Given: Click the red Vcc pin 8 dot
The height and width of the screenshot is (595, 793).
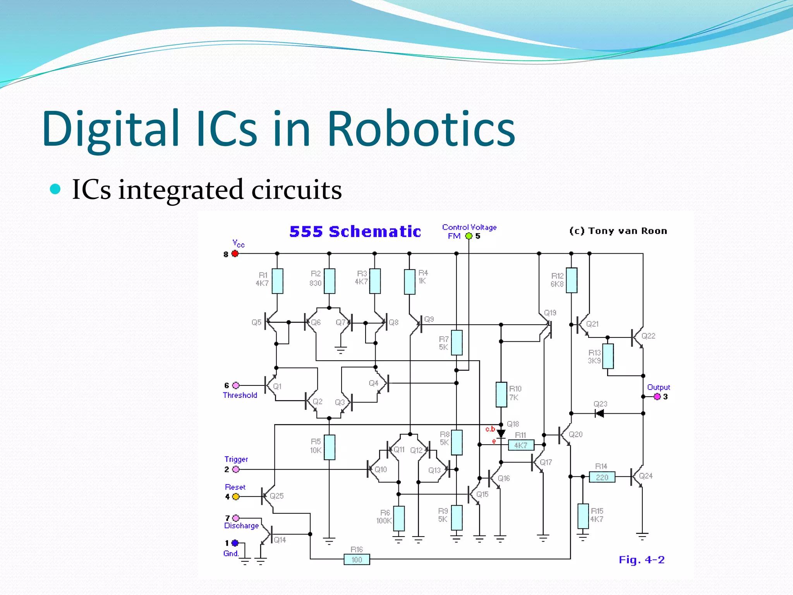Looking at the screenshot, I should click(x=235, y=254).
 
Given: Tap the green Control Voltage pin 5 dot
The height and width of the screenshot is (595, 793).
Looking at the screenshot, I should click(x=469, y=236).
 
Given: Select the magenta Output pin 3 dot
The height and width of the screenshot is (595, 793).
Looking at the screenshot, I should click(x=657, y=397).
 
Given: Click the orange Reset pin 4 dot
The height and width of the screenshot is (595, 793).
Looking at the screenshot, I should click(x=236, y=497).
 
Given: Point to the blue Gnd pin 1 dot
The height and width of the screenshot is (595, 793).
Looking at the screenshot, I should click(x=235, y=543).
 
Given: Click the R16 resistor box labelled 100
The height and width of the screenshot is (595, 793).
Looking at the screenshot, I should click(x=357, y=560).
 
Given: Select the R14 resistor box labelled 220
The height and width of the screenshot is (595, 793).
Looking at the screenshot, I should click(x=602, y=477).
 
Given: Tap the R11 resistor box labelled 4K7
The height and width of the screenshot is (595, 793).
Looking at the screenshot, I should click(x=521, y=445).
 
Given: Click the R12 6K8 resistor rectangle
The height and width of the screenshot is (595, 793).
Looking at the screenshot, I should click(x=572, y=280).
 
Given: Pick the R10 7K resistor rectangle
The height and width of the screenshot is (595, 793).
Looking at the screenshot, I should click(x=501, y=394).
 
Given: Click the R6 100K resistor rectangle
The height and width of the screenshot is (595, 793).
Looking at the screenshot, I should click(x=399, y=518).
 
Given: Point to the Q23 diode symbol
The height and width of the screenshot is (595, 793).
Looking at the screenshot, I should click(x=599, y=414).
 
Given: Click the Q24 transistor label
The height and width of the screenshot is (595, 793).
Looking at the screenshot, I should click(x=646, y=476).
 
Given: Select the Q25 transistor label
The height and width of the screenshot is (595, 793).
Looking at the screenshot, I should click(x=277, y=496).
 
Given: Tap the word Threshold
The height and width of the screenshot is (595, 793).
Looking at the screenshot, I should click(x=240, y=395).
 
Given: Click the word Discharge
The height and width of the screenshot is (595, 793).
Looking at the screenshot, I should click(x=242, y=526).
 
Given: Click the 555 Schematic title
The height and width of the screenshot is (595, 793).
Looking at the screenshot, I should click(x=355, y=232).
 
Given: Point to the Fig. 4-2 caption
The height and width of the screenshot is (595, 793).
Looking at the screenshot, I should click(x=642, y=560).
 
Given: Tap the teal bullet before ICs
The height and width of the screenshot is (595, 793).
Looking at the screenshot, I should click(x=56, y=189).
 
